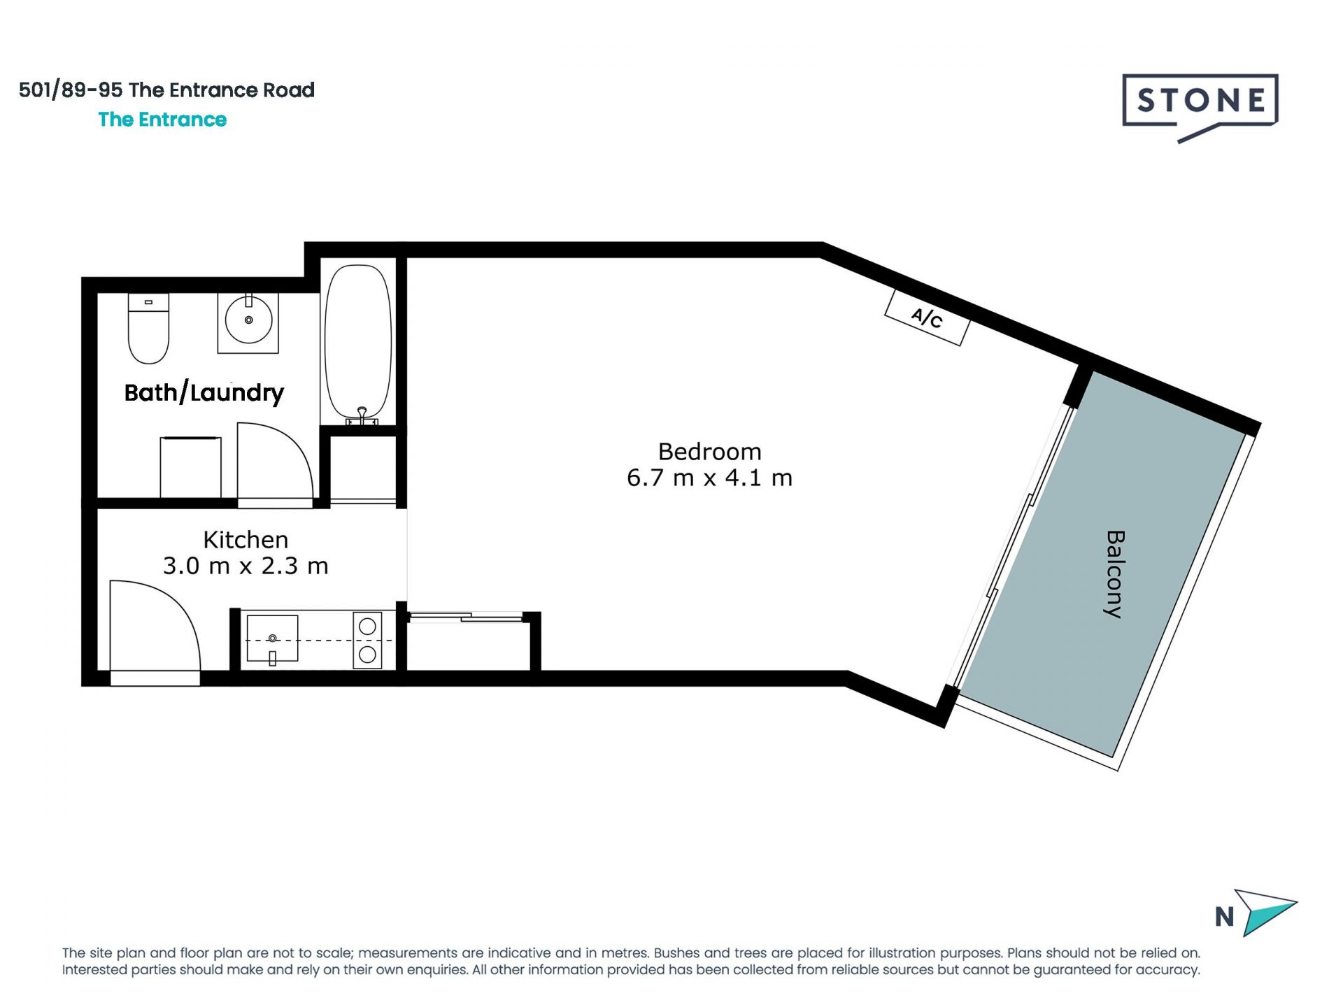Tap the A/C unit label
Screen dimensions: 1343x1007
tap(927, 317)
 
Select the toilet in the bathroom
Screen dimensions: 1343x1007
tap(148, 328)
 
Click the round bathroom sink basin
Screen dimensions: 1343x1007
tap(248, 320)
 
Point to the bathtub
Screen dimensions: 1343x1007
tap(358, 344)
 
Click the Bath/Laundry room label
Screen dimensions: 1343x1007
tap(204, 392)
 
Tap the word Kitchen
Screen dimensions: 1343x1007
tap(246, 539)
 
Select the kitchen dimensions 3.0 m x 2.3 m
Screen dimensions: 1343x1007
tap(246, 565)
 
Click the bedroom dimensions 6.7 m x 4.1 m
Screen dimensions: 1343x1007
tap(709, 478)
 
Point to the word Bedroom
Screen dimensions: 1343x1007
tap(709, 451)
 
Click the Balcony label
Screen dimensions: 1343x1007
tap(1114, 574)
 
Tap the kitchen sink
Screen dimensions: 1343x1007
tap(272, 639)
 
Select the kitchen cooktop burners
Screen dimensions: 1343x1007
tap(367, 640)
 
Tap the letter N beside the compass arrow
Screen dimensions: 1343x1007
tap(1224, 917)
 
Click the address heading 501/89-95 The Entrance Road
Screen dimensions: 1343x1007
tap(166, 90)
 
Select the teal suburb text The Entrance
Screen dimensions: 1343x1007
tap(162, 120)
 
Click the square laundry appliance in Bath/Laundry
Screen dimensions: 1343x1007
tap(191, 467)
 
